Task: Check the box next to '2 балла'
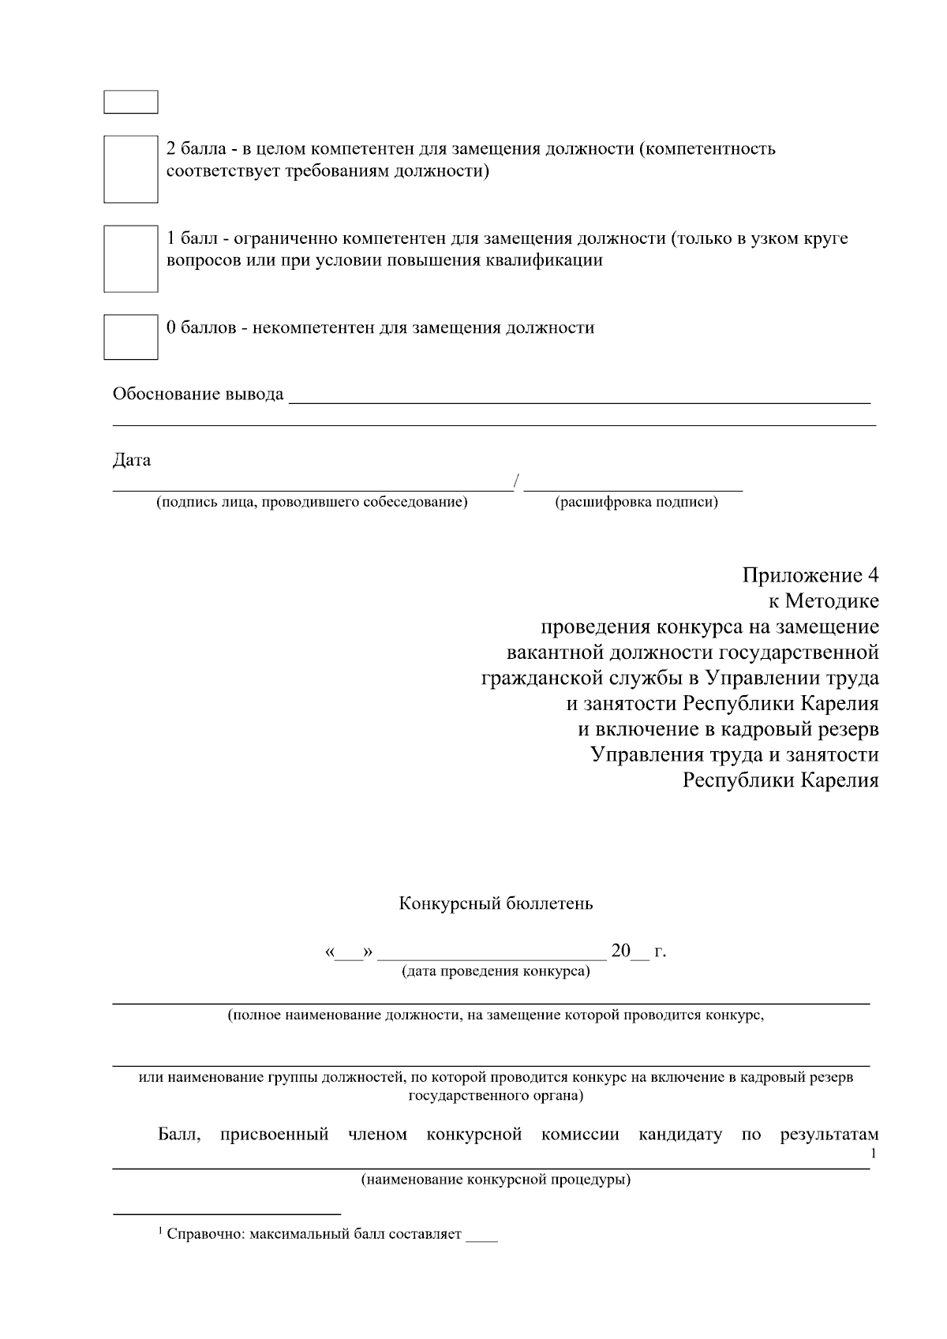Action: tap(131, 169)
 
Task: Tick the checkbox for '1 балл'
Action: tap(131, 259)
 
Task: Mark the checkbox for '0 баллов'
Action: tap(131, 337)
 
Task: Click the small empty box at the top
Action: tap(131, 102)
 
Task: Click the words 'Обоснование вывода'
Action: tap(198, 394)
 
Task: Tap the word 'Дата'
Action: tap(132, 460)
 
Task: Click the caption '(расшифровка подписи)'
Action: tap(636, 502)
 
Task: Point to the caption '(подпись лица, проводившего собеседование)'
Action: tap(312, 502)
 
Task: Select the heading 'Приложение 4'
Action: tap(810, 575)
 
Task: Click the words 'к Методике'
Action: tap(824, 601)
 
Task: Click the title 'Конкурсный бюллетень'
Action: tap(496, 903)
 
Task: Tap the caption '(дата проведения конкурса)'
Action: tap(496, 971)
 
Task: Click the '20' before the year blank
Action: tap(621, 951)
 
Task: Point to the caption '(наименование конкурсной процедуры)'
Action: tap(496, 1181)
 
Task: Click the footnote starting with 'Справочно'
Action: tap(313, 1234)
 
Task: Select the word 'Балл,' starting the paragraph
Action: tap(179, 1135)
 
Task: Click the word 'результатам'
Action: tap(829, 1135)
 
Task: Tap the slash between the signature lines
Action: tap(517, 481)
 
